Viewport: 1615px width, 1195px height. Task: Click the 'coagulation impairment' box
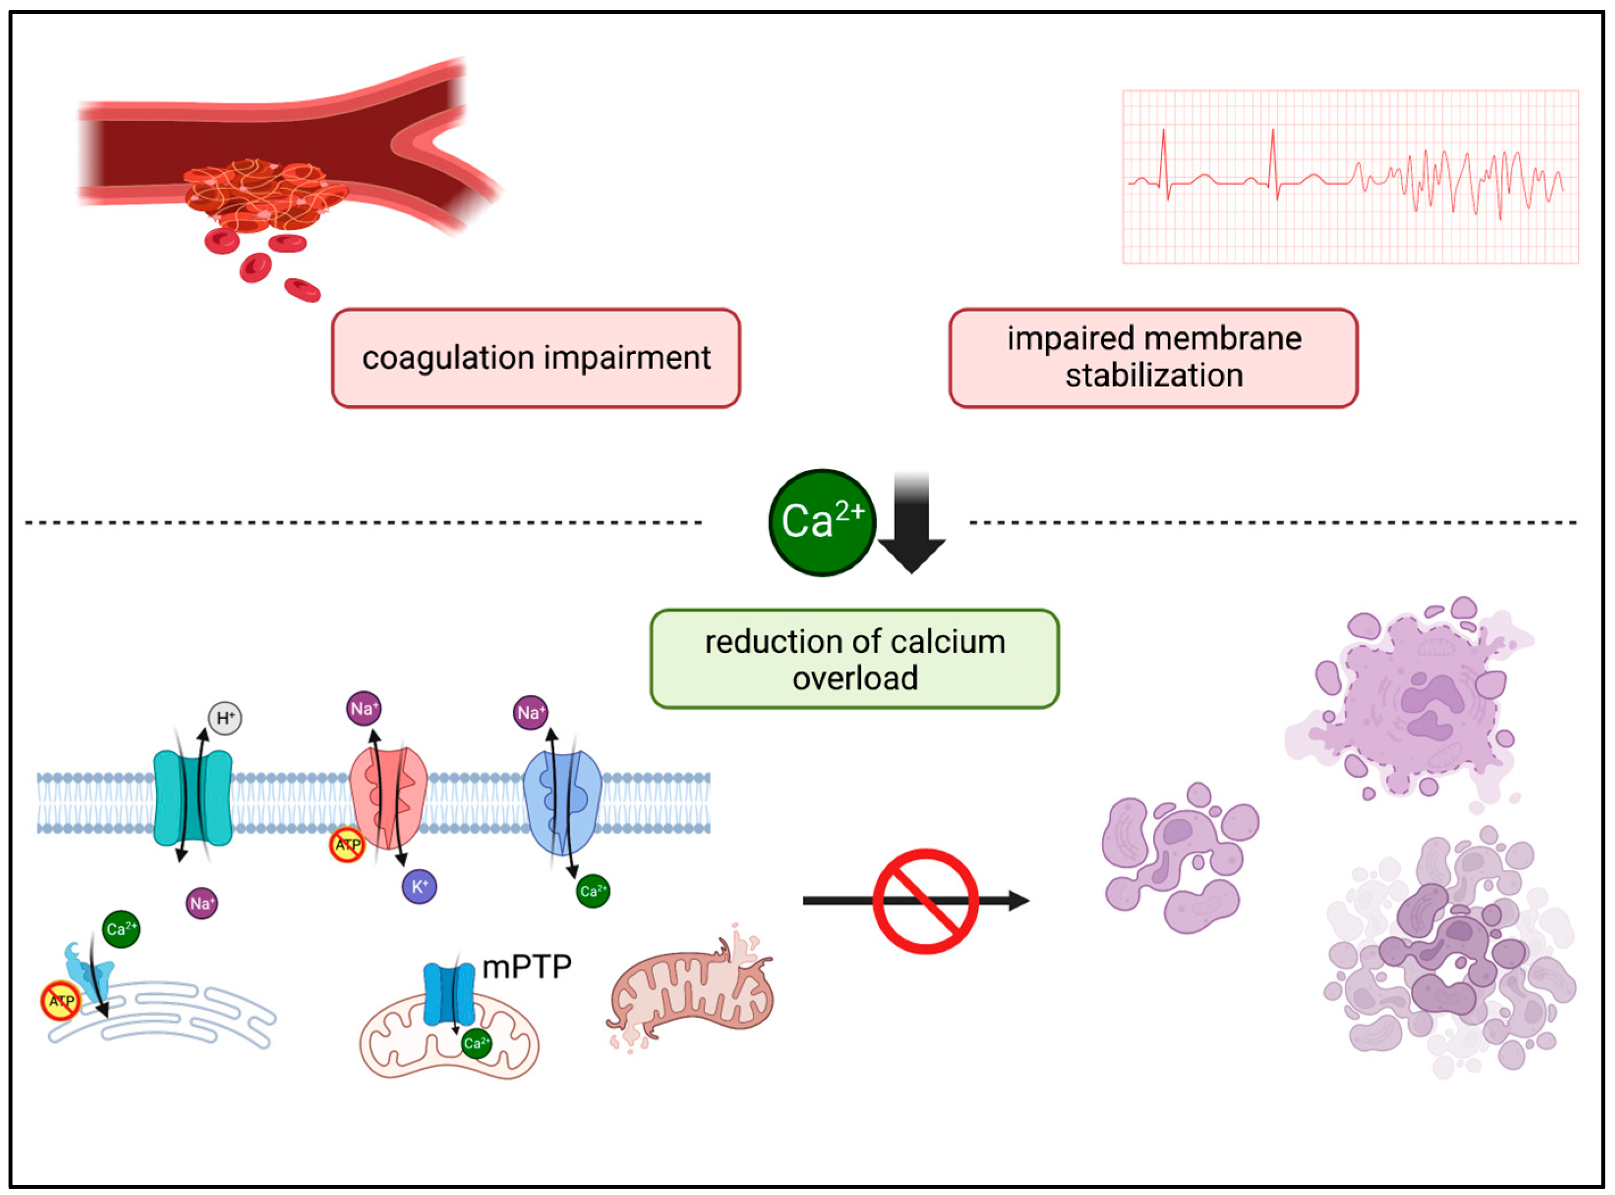535,358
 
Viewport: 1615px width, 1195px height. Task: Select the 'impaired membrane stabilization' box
1153,358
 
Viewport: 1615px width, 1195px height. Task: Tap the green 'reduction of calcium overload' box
854,659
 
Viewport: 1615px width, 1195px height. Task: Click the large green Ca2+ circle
822,522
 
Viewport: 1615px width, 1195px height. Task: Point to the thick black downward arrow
911,528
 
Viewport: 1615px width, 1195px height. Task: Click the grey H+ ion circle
225,718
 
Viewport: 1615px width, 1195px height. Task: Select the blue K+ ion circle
419,887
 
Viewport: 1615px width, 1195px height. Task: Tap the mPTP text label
527,967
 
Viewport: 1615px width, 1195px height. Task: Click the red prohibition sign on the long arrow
925,901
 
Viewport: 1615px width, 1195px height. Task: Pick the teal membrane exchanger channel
193,798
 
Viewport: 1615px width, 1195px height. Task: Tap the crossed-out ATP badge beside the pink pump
347,844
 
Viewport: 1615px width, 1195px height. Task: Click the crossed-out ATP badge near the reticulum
60,1001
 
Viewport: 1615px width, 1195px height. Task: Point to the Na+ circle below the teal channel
202,903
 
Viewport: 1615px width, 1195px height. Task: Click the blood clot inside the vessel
264,195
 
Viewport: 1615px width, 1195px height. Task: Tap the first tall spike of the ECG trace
1164,156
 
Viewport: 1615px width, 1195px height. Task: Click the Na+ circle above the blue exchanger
530,713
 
